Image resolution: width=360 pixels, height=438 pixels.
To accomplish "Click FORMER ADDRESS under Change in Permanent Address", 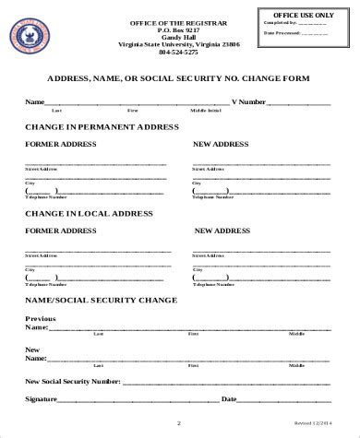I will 60,145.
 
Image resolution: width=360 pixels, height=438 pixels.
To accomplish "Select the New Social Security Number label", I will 73,380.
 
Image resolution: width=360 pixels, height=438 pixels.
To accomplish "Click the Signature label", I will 42,398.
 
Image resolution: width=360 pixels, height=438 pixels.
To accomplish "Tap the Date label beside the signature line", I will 228,398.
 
